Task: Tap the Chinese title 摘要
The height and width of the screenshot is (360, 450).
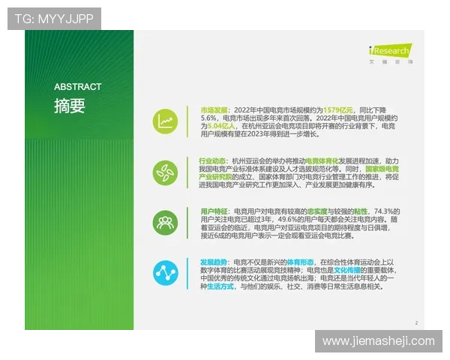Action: tap(70, 106)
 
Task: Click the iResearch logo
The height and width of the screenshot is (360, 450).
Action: tap(389, 51)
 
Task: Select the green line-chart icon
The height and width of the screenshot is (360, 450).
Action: tap(165, 121)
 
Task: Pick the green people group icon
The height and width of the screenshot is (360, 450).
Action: tap(165, 221)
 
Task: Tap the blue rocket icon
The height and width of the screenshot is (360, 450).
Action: tap(165, 271)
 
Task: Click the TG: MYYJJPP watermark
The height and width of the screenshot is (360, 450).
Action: tap(54, 19)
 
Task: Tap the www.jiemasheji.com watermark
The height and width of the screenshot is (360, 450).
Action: tap(378, 341)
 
